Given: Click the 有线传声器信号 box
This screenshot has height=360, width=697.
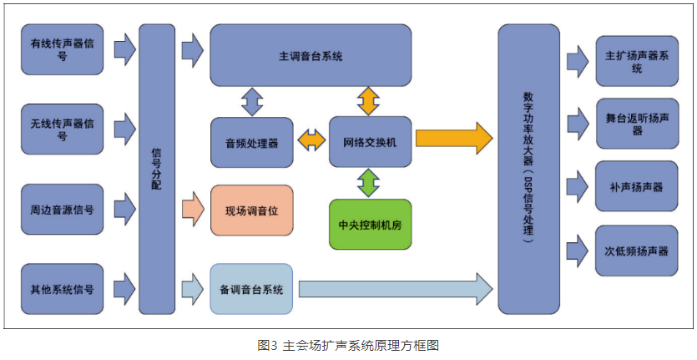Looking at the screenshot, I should tap(62, 49).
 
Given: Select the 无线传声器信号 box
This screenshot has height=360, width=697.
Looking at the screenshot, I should tap(62, 129).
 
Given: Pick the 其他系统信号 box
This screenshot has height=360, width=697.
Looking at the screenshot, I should tap(62, 288).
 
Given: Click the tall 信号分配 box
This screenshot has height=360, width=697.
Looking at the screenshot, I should tap(156, 167).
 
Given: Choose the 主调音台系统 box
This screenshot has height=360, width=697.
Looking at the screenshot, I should tap(310, 55).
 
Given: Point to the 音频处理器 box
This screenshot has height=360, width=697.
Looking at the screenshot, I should tap(251, 142).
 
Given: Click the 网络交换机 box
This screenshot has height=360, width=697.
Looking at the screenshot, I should tap(369, 142).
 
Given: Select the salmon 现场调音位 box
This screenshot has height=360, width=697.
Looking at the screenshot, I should tap(251, 210).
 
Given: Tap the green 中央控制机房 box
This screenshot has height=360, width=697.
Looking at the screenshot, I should tap(369, 224).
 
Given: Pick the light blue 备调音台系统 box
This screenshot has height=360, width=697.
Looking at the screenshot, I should tap(251, 289).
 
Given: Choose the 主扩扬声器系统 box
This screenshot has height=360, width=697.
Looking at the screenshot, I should tap(637, 61).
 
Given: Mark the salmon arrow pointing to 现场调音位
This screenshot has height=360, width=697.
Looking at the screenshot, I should tap(193, 209).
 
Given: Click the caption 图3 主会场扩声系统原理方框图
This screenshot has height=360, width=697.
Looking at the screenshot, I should tap(348, 344).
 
